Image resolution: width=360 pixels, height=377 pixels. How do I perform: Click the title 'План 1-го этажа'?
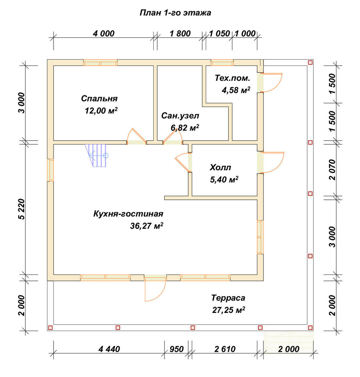coord(175,13)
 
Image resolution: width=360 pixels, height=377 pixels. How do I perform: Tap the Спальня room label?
coord(99,98)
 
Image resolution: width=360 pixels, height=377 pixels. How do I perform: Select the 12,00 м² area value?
coord(101,110)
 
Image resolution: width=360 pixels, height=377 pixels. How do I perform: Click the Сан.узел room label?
coord(180,116)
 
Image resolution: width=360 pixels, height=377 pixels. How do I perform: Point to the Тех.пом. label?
coord(232,78)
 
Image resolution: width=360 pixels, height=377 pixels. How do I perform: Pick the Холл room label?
coord(220,167)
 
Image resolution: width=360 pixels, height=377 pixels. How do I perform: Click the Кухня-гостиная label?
coord(128,214)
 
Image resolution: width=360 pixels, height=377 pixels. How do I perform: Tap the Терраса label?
coord(228,298)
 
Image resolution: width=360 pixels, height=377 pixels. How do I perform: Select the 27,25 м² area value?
coord(229,310)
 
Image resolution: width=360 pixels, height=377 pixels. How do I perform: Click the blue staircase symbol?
coord(96,155)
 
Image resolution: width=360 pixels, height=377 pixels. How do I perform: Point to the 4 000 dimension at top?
coord(104,34)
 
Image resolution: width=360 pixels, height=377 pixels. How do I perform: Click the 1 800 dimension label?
coord(180,34)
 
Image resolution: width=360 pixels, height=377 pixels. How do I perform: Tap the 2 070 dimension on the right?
coord(332,170)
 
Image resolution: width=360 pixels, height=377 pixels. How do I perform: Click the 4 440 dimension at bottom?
coord(109,349)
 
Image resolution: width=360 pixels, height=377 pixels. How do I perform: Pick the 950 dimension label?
coord(177,349)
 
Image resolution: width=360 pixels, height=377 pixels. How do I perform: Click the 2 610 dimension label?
coord(225,349)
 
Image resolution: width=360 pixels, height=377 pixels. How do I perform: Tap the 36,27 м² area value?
coord(146,226)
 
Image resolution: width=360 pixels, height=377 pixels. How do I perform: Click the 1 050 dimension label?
coord(220,34)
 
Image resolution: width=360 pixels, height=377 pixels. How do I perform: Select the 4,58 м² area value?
coord(236,90)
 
